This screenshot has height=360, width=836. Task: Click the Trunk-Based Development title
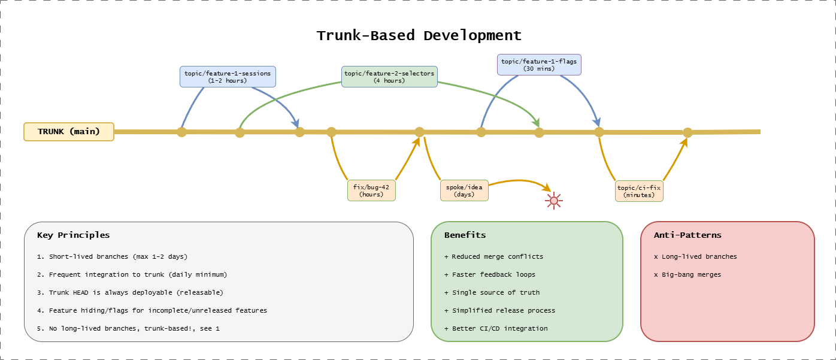tap(419, 35)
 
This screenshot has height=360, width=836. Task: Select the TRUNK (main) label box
tap(69, 132)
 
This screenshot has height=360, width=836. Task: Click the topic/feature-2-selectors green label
tap(389, 77)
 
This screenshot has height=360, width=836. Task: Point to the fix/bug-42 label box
tap(371, 190)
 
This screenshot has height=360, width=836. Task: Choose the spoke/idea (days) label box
tap(464, 190)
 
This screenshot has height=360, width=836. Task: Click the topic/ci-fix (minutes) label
tap(639, 191)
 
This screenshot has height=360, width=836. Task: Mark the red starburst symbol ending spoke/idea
tap(553, 200)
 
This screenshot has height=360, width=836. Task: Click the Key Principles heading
tap(73, 235)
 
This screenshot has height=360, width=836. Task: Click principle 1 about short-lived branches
tap(112, 256)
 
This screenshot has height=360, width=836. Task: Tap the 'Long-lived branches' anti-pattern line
tap(695, 256)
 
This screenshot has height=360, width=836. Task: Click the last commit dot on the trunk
tap(687, 132)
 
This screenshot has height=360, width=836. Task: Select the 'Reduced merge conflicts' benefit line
tap(493, 256)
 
